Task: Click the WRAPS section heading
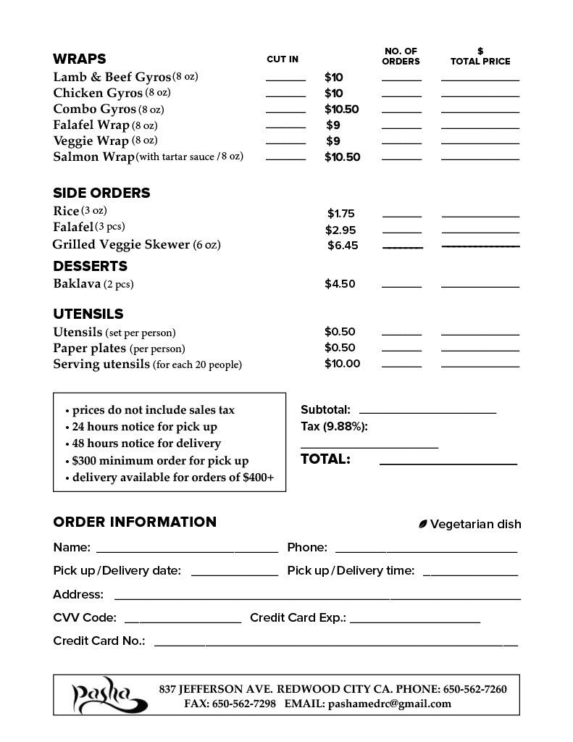tap(80, 59)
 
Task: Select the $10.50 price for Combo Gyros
tap(342, 109)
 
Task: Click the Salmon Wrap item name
tap(93, 157)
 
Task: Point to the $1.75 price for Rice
tap(340, 214)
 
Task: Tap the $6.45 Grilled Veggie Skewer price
tap(343, 246)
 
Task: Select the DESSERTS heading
tap(90, 266)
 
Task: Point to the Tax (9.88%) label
tap(334, 427)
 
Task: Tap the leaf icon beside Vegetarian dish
tap(423, 524)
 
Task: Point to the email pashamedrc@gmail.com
tap(389, 704)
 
